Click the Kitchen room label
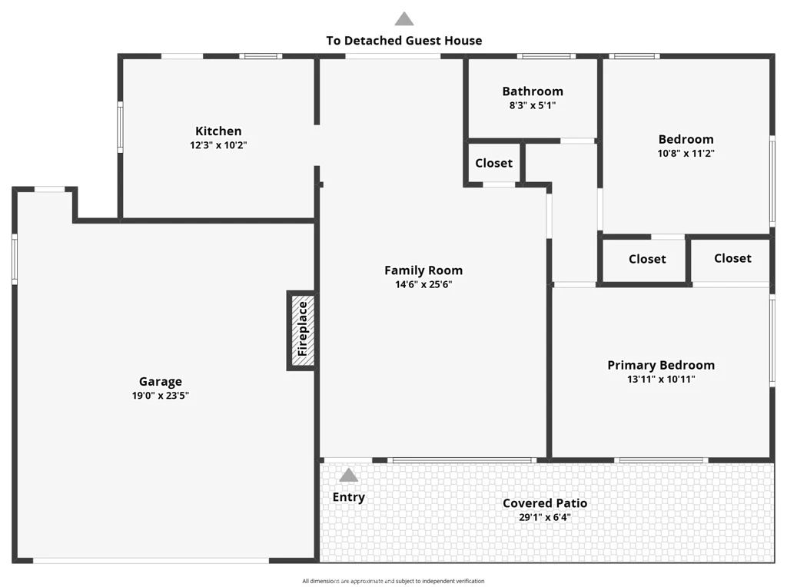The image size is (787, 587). tap(218, 131)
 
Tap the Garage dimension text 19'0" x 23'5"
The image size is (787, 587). tap(161, 396)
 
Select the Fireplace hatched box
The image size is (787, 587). tap(303, 330)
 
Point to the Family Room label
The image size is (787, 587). tap(423, 270)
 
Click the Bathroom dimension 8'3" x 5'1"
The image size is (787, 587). tap(533, 105)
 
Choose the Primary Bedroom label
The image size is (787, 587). tap(661, 365)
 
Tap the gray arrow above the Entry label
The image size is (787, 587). tap(348, 475)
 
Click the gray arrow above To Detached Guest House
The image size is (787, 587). tap(404, 18)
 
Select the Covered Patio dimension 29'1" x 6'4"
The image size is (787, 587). tap(545, 517)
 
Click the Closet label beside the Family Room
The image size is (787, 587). tap(494, 163)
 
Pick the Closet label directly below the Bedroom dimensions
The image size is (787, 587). tap(647, 259)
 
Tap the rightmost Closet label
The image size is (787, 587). tap(732, 258)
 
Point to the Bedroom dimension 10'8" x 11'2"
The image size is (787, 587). tap(686, 154)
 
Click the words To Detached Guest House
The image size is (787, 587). tap(404, 41)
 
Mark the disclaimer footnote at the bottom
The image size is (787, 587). tap(393, 581)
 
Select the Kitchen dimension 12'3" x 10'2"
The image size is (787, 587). tap(218, 145)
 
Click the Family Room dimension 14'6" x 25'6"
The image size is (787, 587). tap(423, 284)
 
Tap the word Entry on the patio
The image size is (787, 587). tap(349, 497)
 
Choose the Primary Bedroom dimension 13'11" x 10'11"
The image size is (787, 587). tap(661, 380)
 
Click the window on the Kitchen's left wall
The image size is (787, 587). tap(121, 127)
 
